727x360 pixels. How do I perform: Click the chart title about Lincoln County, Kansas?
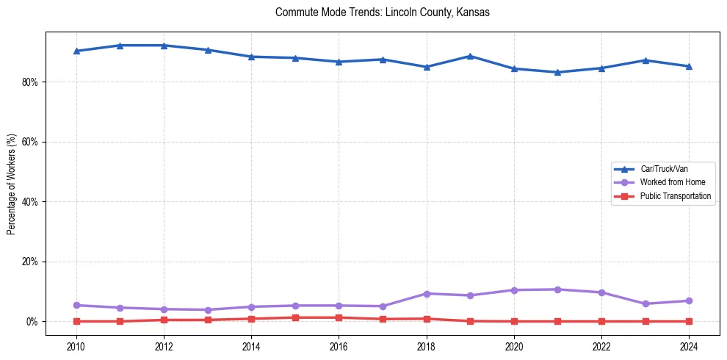(x=382, y=12)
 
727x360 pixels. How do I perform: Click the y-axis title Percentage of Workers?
(x=11, y=184)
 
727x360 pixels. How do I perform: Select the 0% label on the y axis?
(x=32, y=322)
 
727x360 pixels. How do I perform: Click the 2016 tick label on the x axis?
(x=339, y=345)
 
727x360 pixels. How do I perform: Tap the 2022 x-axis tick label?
(x=601, y=345)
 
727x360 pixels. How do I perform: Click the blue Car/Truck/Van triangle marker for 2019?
(x=470, y=56)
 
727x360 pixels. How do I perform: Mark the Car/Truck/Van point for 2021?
(x=557, y=72)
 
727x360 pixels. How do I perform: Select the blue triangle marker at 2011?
(x=120, y=46)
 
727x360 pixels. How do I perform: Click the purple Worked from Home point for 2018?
(x=426, y=294)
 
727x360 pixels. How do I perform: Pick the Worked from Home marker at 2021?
(x=557, y=289)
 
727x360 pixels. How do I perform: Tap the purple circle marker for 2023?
(x=645, y=304)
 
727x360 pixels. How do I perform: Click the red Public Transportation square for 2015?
(x=295, y=317)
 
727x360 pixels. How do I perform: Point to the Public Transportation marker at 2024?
(x=689, y=321)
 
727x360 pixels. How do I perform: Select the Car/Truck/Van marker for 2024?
(x=689, y=66)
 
